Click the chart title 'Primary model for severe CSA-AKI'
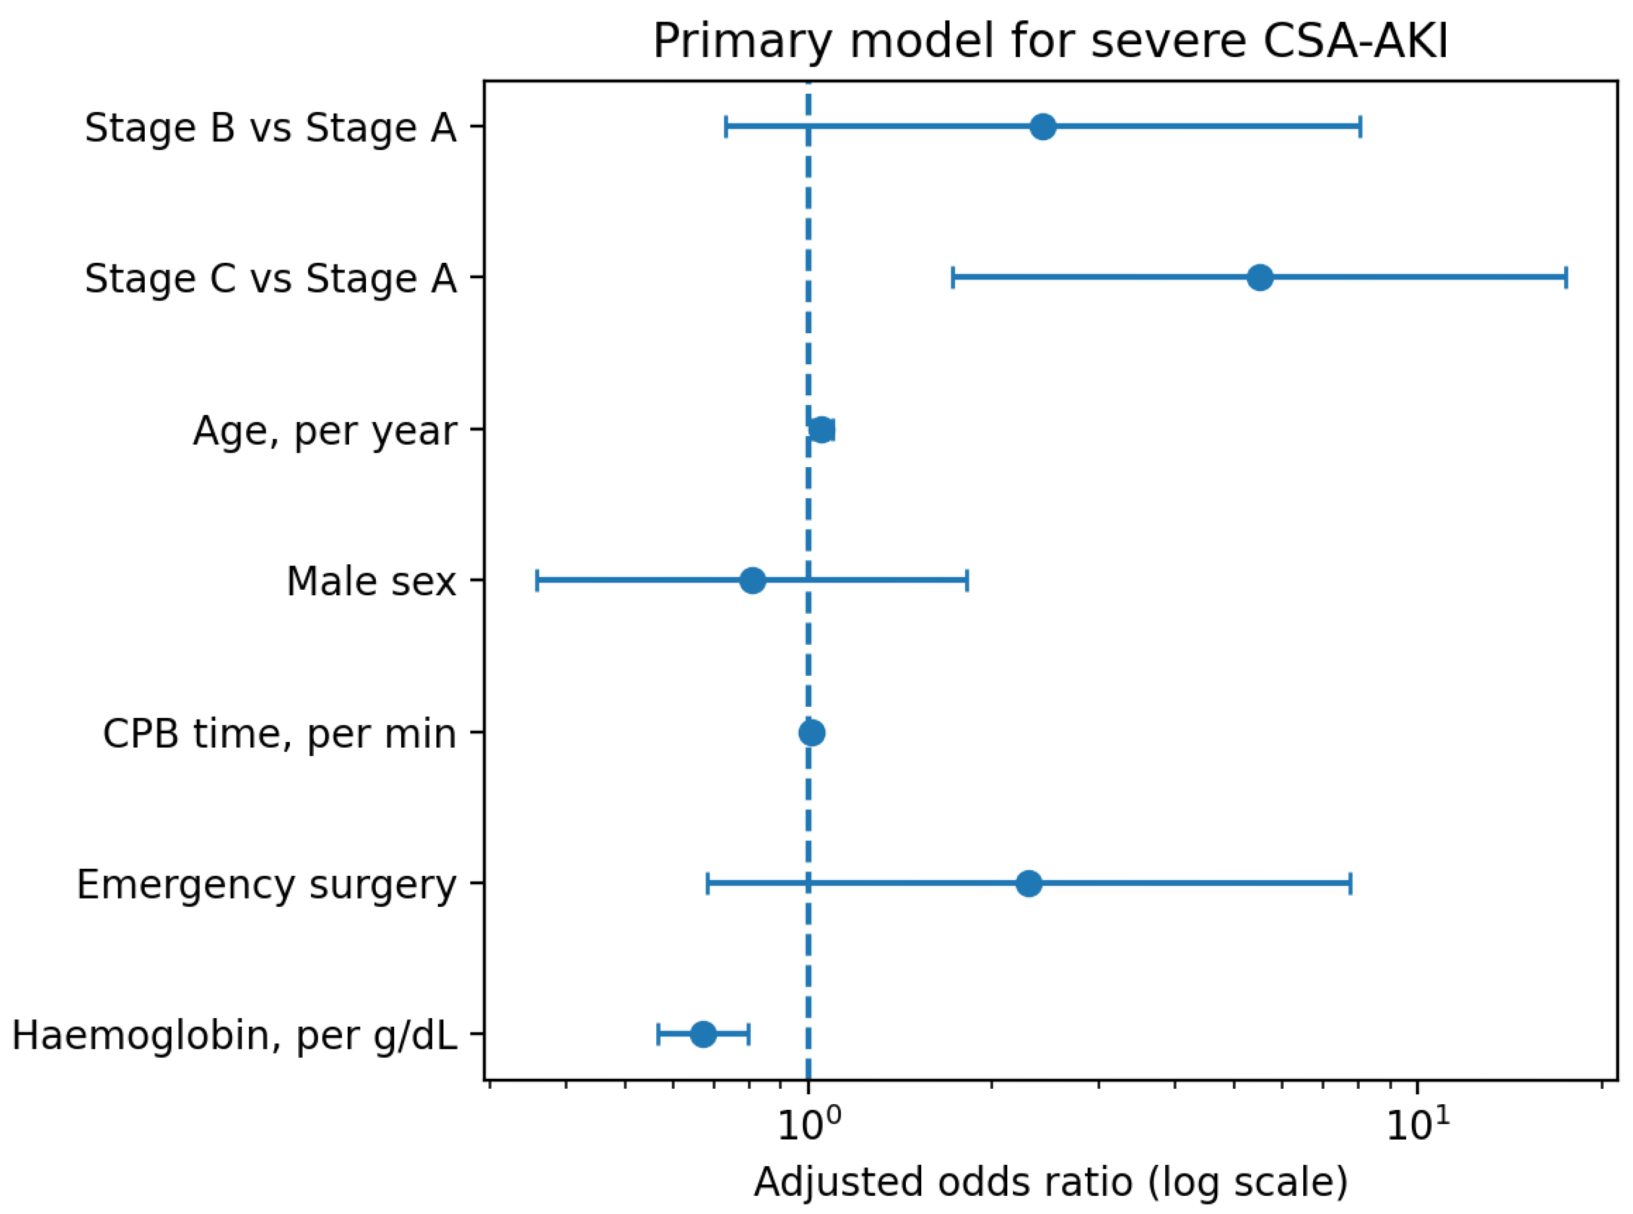coord(1050,41)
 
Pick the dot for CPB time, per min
coord(812,733)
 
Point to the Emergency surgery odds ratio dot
coord(1029,883)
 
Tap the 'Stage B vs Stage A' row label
coord(271,128)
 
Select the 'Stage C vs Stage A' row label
coord(271,279)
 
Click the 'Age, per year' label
coord(325,431)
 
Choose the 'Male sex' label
coord(371,582)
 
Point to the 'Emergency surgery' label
coord(267,885)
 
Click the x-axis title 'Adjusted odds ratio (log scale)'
coord(1050,1182)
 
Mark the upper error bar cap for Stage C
coord(1566,278)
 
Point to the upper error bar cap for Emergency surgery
coord(1351,883)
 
